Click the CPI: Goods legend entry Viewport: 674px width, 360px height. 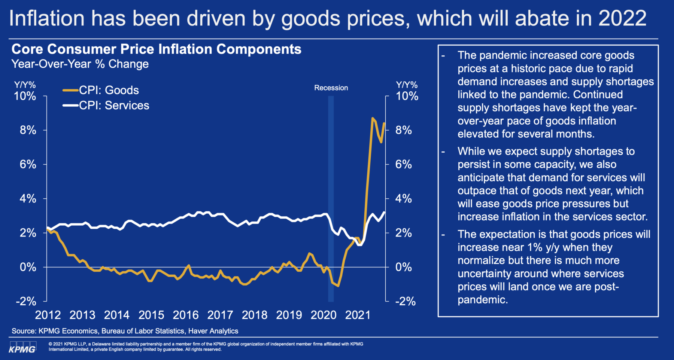point(109,90)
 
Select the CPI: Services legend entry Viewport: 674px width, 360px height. point(114,106)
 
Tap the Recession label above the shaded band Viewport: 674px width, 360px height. point(331,88)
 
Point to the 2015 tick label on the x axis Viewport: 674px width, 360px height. point(151,315)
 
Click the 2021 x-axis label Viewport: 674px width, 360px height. point(358,315)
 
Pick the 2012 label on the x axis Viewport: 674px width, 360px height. point(48,315)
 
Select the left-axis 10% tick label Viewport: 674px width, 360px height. point(25,96)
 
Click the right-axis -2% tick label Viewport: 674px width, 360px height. point(405,301)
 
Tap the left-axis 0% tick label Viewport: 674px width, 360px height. point(28,267)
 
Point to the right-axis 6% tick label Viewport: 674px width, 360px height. point(404,164)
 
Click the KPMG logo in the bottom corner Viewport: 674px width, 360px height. point(22,347)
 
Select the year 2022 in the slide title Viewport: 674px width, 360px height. point(622,18)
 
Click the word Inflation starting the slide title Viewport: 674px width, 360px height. point(47,18)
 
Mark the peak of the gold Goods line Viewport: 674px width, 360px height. point(372,118)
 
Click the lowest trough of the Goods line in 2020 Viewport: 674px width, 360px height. point(338,286)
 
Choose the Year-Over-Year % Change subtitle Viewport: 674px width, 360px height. point(80,64)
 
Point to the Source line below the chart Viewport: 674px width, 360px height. point(125,331)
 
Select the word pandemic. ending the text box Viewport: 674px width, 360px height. point(483,300)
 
